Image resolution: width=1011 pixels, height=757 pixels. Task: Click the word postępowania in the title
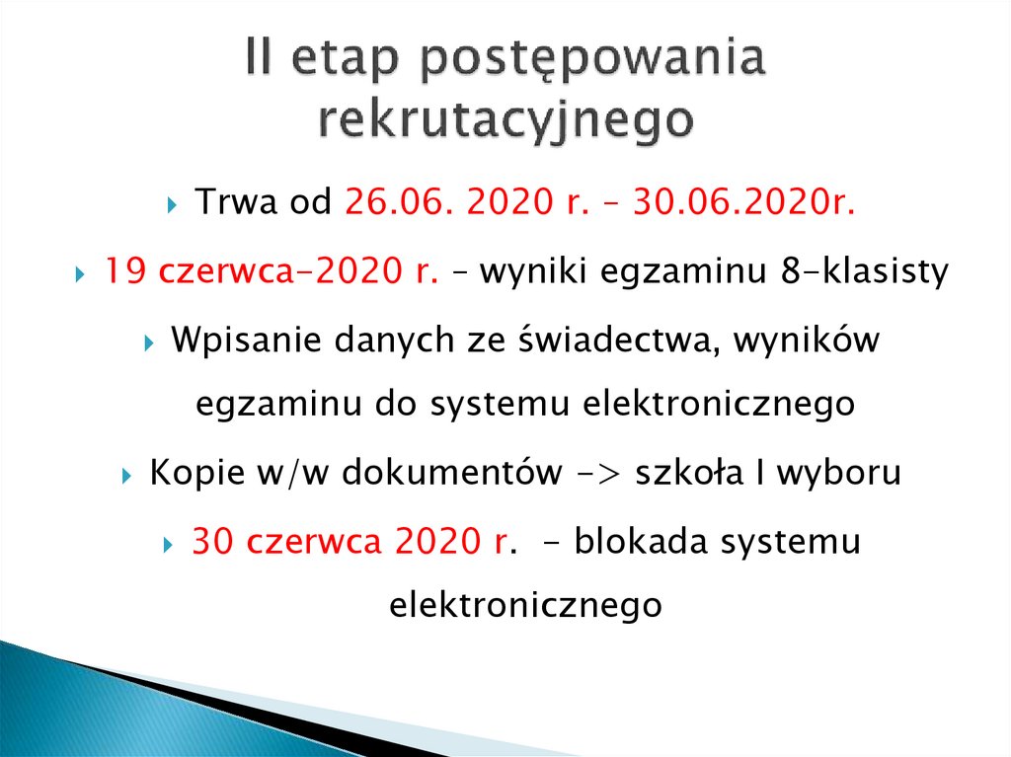591,60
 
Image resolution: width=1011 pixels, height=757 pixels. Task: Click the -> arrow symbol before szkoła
597,473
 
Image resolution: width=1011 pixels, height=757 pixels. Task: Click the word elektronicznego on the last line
525,605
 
